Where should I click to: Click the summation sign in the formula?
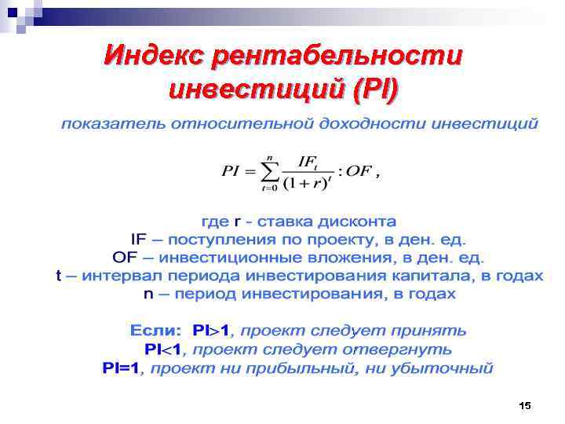[270, 172]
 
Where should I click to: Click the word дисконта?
[357, 222]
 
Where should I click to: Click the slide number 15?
[525, 405]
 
